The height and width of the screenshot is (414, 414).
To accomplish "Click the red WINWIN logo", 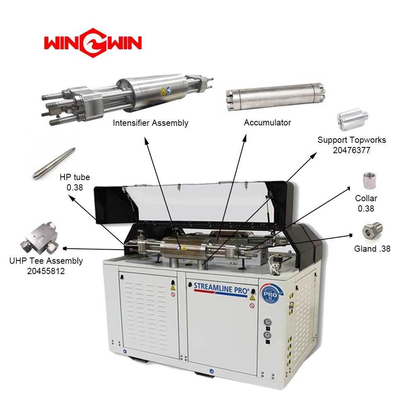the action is [93, 43].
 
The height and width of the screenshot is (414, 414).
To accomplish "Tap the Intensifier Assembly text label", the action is [151, 123].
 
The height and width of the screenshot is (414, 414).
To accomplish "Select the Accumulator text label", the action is [267, 123].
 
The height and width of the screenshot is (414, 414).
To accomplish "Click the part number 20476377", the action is [351, 150].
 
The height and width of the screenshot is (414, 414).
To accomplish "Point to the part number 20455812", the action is [46, 271].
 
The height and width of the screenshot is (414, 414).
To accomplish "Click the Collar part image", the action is [369, 181].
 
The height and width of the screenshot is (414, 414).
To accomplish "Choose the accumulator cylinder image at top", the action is [276, 97].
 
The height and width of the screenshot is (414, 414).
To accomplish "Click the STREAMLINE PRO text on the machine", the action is [221, 288].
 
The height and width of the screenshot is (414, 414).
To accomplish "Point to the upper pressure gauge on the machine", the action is [267, 322].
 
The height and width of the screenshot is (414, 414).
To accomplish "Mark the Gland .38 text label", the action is [372, 249].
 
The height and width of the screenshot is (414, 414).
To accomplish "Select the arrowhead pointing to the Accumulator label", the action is [245, 138].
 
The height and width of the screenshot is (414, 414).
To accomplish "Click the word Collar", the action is [366, 198].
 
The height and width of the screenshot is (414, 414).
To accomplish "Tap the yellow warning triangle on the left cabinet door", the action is [173, 288].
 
